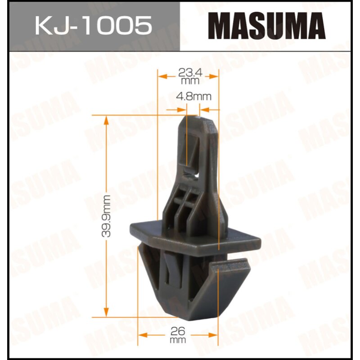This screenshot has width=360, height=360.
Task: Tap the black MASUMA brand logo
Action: [x=269, y=26]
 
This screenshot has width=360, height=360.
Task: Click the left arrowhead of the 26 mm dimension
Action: [x=141, y=334]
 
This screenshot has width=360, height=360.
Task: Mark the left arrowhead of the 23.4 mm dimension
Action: [x=160, y=76]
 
